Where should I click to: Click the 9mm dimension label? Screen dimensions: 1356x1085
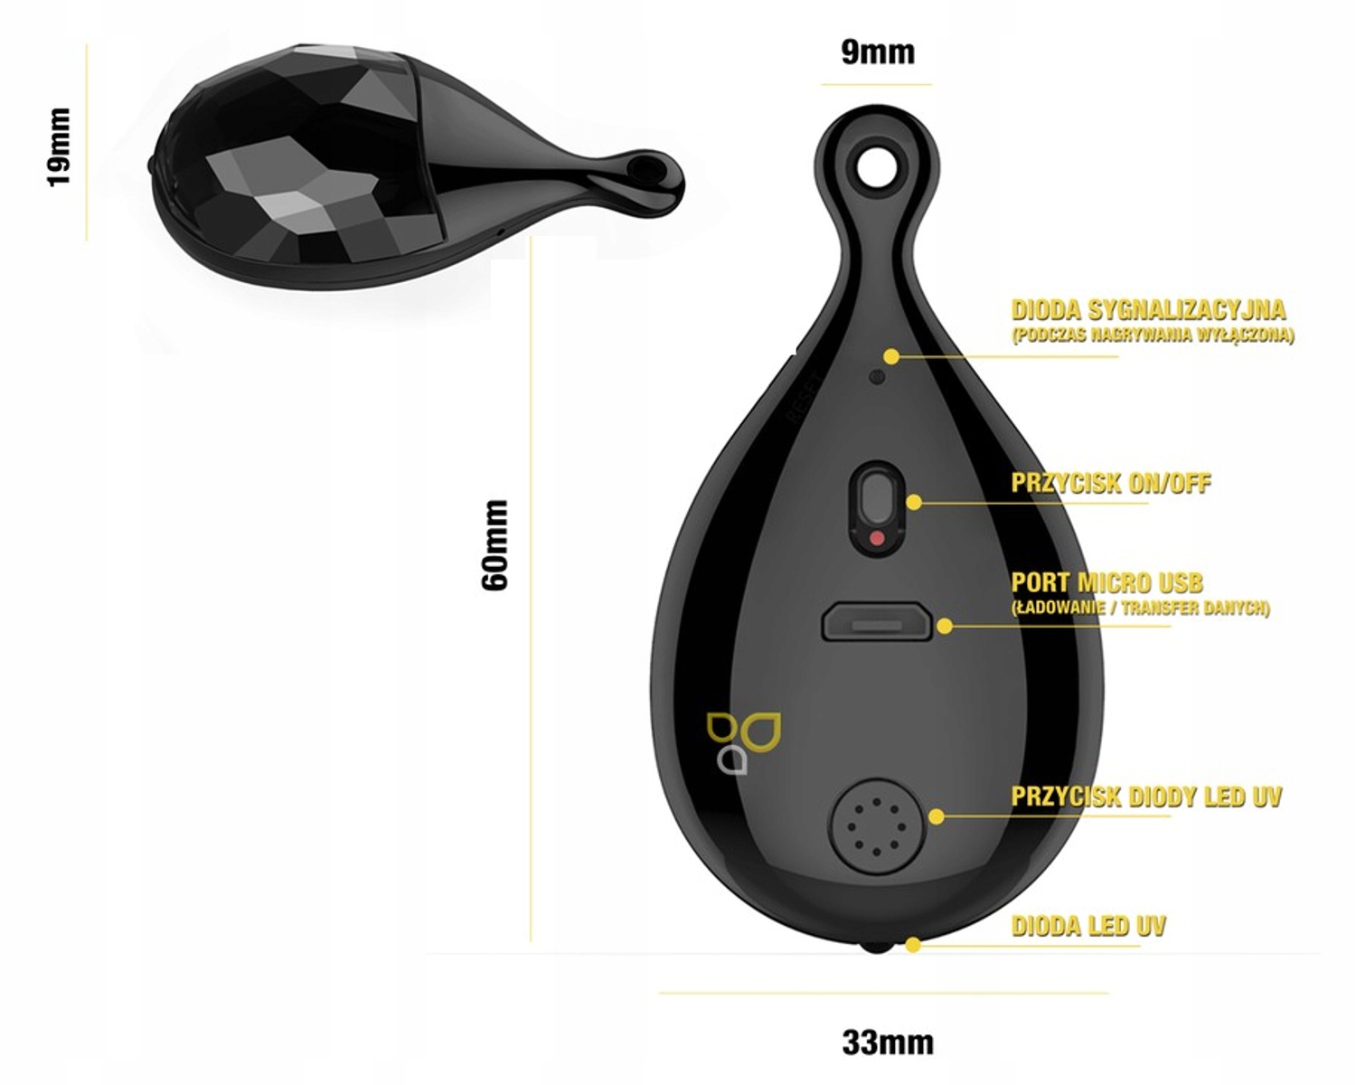[877, 52]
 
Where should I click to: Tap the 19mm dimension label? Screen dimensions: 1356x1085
[59, 146]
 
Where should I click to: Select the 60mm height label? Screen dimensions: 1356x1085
[495, 544]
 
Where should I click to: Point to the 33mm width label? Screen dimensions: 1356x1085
[887, 1042]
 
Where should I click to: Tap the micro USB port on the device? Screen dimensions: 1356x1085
[876, 624]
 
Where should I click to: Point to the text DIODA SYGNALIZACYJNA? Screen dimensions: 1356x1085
[1148, 310]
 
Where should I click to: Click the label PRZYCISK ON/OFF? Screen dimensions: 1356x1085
[1110, 483]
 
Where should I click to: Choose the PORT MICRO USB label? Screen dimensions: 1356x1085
[1106, 582]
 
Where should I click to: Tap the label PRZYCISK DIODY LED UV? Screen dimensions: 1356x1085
[1145, 797]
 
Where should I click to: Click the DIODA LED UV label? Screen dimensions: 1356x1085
[1088, 926]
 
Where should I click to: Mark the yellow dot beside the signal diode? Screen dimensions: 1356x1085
[891, 356]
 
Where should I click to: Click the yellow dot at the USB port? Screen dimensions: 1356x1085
[945, 625]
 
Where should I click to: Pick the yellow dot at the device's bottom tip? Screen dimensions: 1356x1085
[913, 946]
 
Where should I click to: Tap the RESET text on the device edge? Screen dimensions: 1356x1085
[802, 398]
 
